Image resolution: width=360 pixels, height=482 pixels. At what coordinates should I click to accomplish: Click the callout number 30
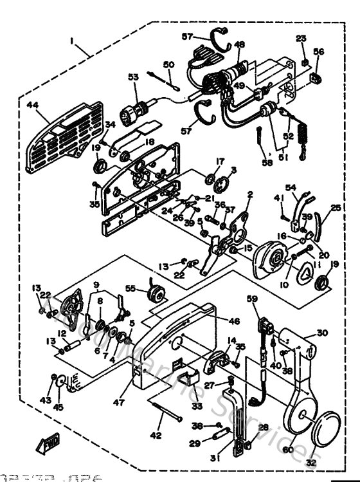(x=321, y=333)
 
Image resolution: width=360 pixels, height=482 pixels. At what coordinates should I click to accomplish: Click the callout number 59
(x=253, y=298)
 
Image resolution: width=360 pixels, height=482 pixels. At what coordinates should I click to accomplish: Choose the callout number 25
(x=335, y=208)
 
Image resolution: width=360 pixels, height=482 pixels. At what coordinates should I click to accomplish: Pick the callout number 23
(x=301, y=38)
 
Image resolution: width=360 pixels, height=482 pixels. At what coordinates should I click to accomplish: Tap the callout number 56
(x=319, y=51)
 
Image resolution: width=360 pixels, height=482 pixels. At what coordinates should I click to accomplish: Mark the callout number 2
(x=249, y=194)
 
